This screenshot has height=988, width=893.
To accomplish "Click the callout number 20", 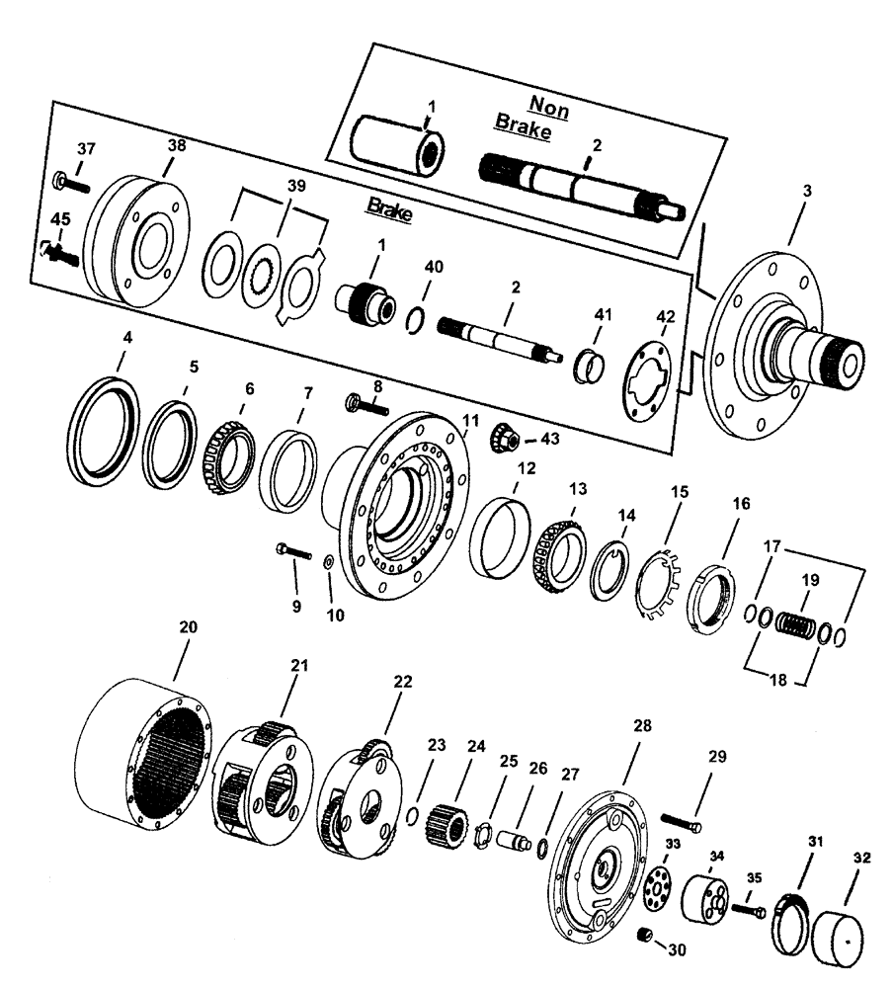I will coord(187,626).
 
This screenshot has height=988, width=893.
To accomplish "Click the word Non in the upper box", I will coord(549,105).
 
